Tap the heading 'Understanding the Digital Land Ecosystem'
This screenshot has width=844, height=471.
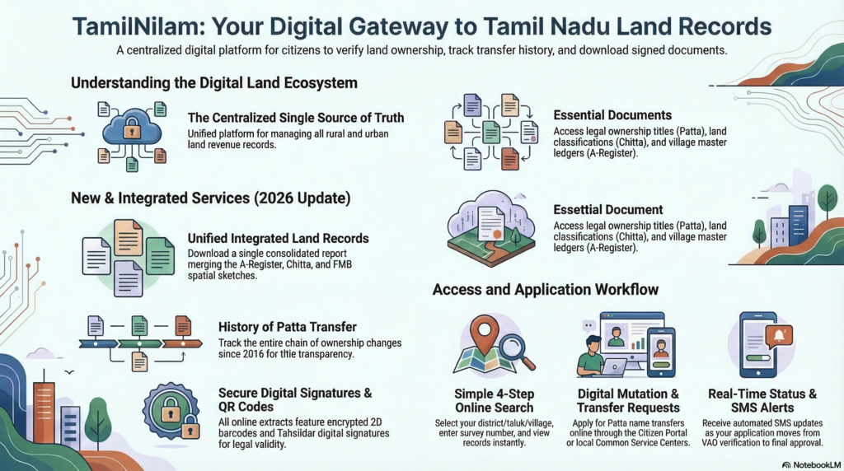(213, 83)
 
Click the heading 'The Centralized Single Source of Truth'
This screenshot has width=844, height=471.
(296, 118)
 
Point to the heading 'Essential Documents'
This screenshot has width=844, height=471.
(612, 115)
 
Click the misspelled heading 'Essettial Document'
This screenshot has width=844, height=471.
(608, 210)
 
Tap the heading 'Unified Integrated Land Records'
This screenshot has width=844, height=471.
(279, 238)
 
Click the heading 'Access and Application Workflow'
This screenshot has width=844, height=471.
(545, 289)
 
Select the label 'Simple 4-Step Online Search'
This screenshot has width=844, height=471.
(494, 400)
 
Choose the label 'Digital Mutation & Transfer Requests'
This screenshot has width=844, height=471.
(629, 400)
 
